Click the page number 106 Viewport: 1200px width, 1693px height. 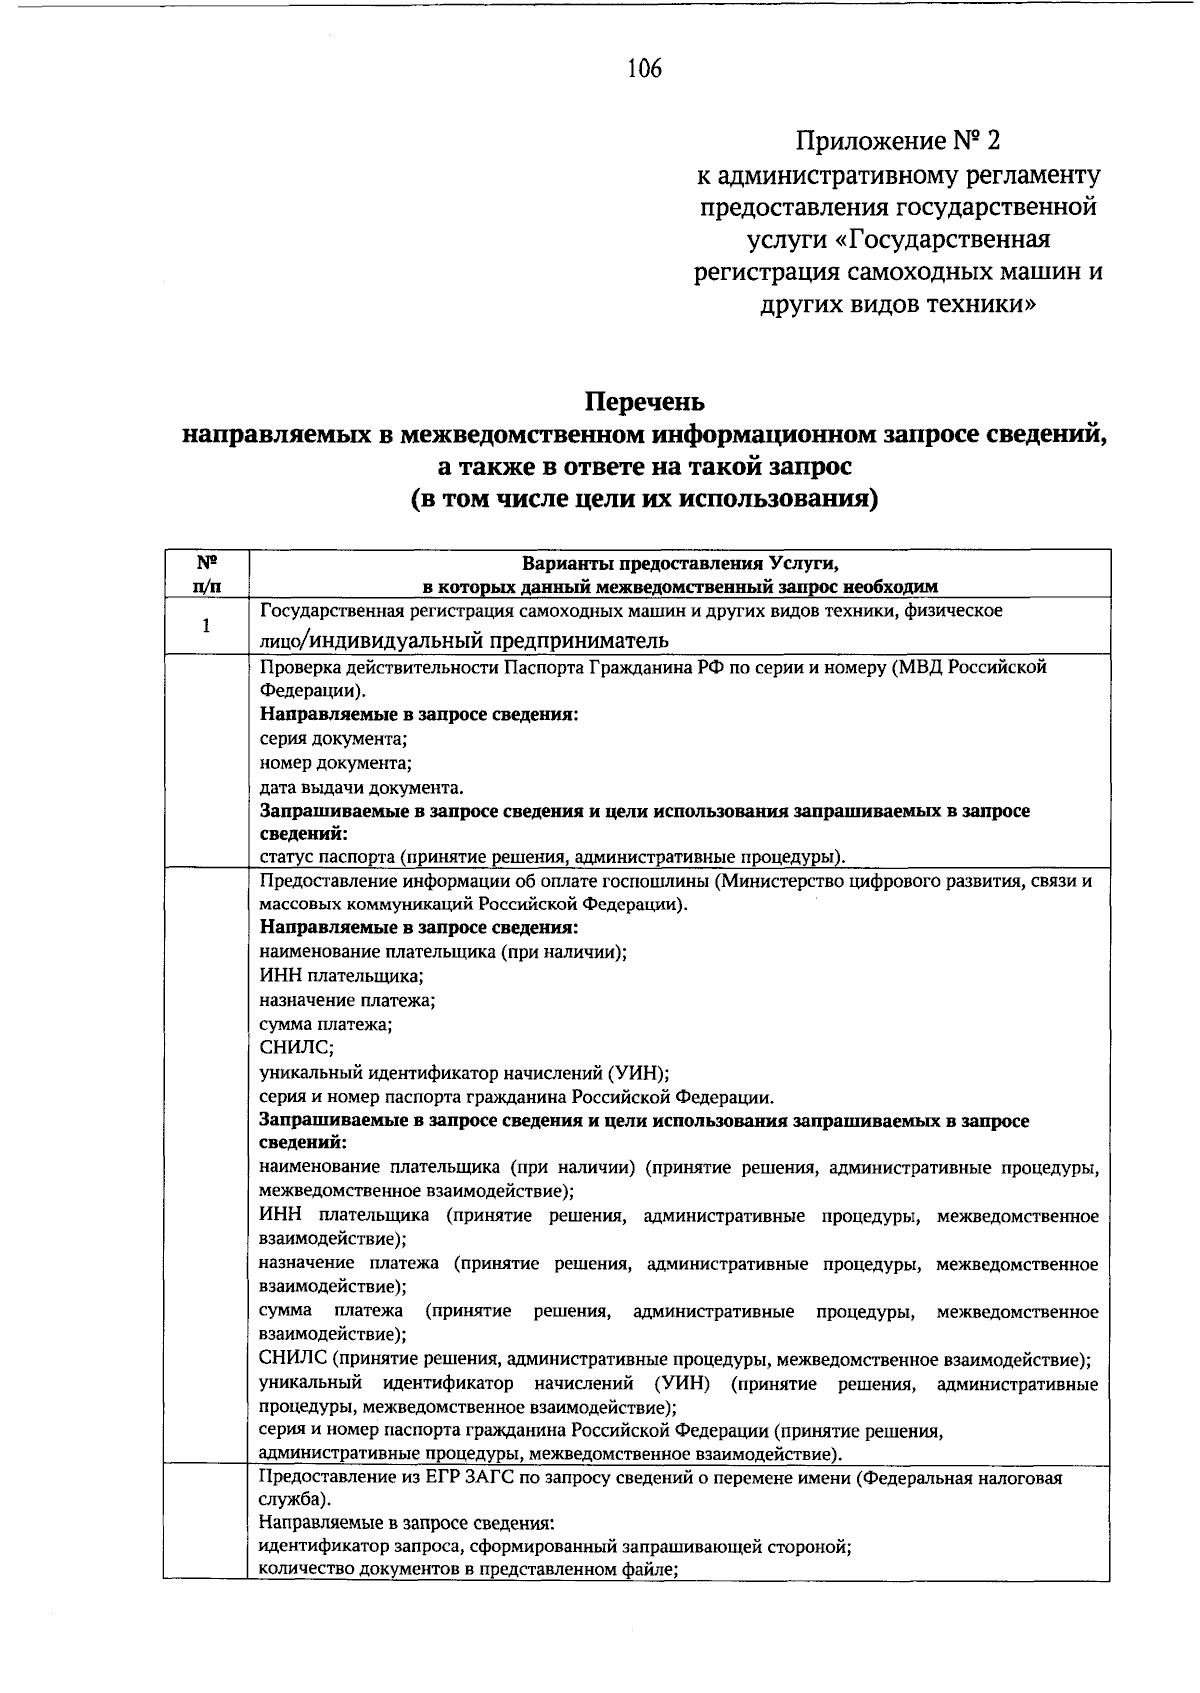(x=644, y=69)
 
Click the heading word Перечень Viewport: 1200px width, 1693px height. (x=644, y=402)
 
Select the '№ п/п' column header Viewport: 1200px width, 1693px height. (x=206, y=573)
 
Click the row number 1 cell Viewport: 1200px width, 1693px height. (x=206, y=626)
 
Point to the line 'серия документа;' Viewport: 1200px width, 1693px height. (x=333, y=739)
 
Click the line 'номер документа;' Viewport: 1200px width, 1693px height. (x=336, y=763)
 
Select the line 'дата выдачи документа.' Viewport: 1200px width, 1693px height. (x=361, y=787)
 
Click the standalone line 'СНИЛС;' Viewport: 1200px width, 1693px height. (x=297, y=1048)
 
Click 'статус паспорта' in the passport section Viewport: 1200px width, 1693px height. (x=321, y=856)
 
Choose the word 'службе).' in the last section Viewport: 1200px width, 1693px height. (x=291, y=1501)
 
